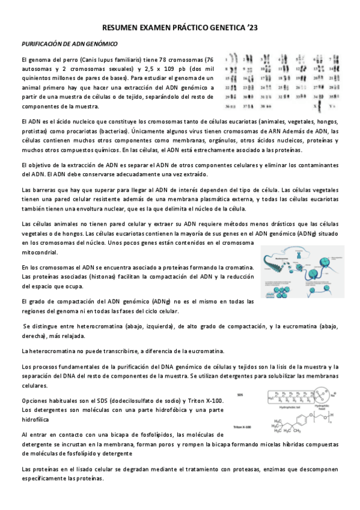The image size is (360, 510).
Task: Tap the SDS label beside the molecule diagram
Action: (240, 395)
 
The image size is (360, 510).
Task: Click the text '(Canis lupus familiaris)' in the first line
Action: (109, 60)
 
